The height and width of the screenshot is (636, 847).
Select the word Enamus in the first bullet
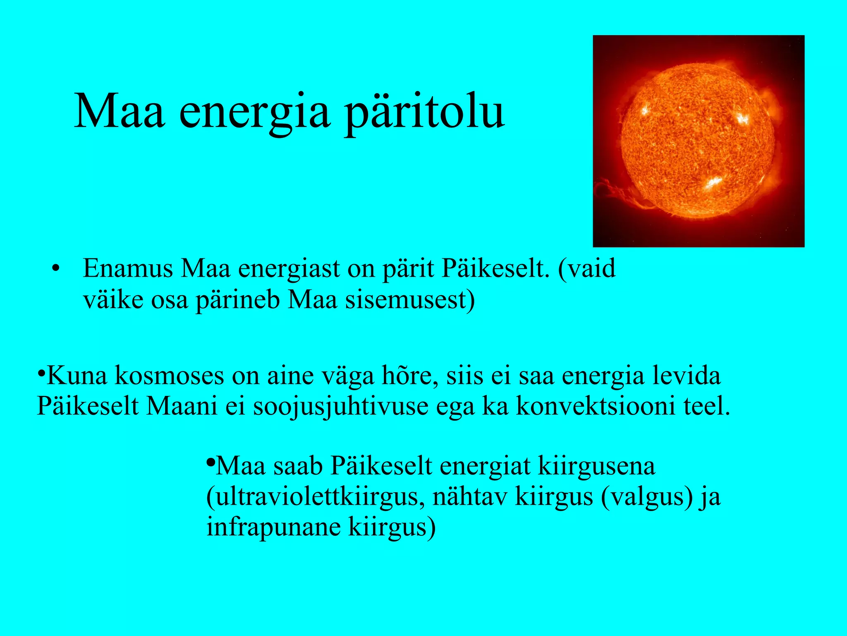(x=128, y=269)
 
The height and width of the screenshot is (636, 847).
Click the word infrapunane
(x=273, y=527)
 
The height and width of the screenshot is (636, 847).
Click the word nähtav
(x=469, y=497)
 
